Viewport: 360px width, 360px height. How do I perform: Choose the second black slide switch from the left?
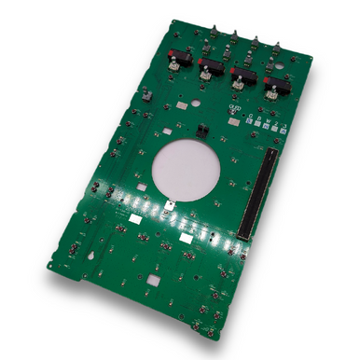(x=210, y=68)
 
